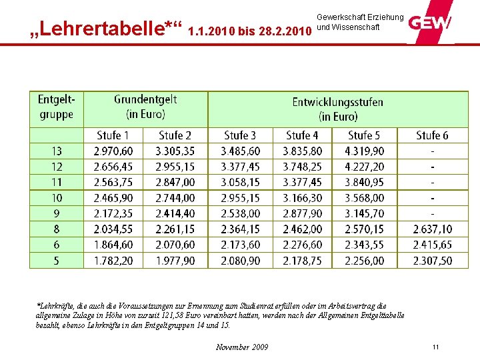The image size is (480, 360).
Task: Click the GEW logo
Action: [430, 23]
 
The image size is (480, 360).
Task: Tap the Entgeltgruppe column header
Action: [57, 107]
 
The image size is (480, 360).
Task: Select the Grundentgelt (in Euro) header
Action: [145, 107]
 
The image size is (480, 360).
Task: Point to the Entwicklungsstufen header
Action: [338, 109]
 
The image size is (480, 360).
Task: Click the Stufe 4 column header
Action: [302, 135]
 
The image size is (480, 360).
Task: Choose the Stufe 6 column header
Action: [432, 135]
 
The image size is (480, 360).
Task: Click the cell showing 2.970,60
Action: [113, 151]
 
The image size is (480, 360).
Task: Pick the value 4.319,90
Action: [364, 151]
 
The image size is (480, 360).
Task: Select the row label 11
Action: [57, 182]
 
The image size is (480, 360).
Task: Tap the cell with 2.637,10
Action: [432, 229]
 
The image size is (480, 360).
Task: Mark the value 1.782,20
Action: [113, 261]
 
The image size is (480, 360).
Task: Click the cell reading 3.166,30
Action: [302, 198]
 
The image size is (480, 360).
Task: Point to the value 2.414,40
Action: [175, 214]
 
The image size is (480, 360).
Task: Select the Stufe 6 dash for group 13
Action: [433, 151]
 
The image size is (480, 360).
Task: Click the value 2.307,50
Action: [432, 261]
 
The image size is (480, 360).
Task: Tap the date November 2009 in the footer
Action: [243, 347]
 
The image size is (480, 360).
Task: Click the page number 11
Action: [435, 347]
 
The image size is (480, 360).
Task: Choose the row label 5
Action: [57, 261]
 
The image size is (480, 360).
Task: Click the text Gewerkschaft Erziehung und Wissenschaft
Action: [359, 22]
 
